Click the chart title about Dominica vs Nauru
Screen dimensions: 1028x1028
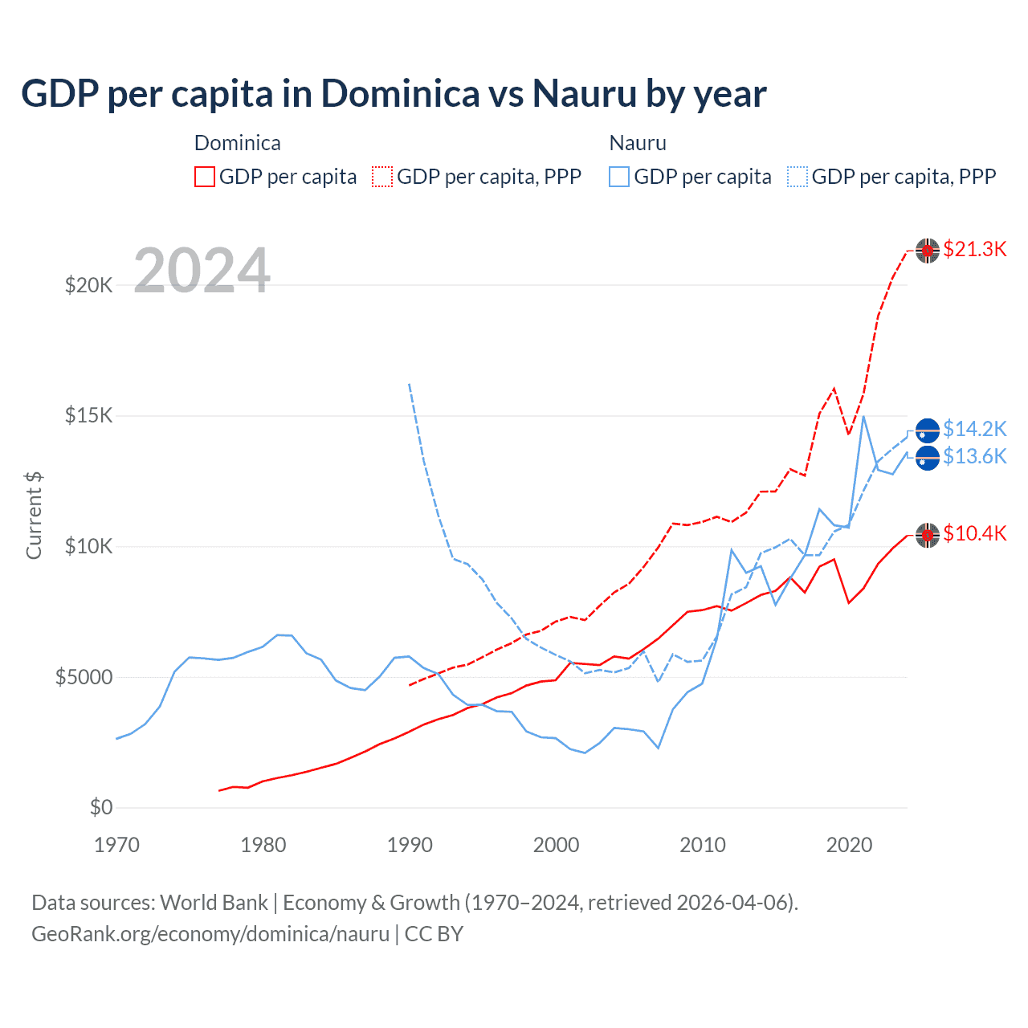[394, 94]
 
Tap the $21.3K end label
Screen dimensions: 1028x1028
[974, 249]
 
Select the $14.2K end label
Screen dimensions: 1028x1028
[974, 429]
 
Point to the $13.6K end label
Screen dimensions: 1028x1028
[974, 456]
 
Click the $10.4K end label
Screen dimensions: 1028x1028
[974, 533]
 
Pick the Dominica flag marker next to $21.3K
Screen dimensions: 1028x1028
[928, 251]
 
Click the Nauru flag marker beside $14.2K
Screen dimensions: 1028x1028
[928, 431]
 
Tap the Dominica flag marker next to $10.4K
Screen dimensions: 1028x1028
[928, 535]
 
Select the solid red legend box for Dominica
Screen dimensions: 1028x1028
[205, 177]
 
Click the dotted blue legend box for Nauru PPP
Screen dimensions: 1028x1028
[798, 177]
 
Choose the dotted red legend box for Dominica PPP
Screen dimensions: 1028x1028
[382, 177]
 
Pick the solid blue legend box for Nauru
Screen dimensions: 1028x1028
[619, 177]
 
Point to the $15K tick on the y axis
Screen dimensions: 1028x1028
[89, 415]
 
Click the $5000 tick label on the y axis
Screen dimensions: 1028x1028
[84, 677]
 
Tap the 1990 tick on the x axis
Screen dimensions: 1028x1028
[410, 845]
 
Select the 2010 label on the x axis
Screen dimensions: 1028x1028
[703, 845]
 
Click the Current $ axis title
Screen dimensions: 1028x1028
[34, 516]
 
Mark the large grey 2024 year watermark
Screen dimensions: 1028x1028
[202, 271]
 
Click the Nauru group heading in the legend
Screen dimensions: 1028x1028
[638, 143]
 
